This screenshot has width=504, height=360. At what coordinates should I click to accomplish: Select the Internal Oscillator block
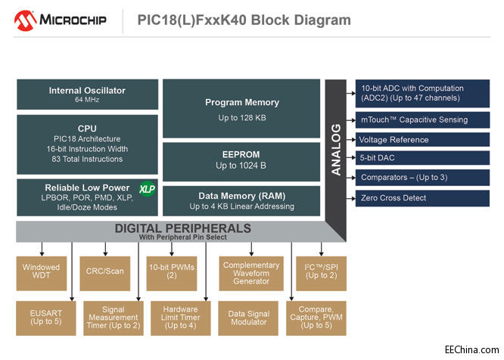pyautogui.click(x=87, y=95)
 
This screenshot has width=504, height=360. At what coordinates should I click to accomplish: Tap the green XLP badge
pyautogui.click(x=146, y=188)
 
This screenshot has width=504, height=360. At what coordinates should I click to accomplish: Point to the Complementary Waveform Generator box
pyautogui.click(x=250, y=273)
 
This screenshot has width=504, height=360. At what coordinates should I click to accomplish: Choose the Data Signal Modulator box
pyautogui.click(x=249, y=318)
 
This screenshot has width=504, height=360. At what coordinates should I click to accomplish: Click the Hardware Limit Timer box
pyautogui.click(x=180, y=318)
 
